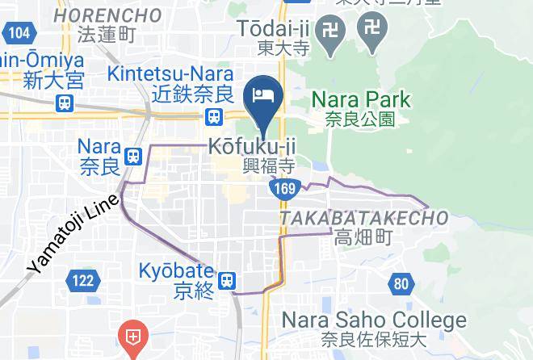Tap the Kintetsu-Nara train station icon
[x=215, y=117]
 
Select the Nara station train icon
[x=134, y=153]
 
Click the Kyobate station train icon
[x=229, y=280]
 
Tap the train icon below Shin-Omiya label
[x=64, y=103]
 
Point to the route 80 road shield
[x=401, y=283]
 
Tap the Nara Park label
[x=361, y=101]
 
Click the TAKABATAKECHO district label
[x=363, y=218]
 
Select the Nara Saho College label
[x=373, y=320]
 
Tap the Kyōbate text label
[x=176, y=271]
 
